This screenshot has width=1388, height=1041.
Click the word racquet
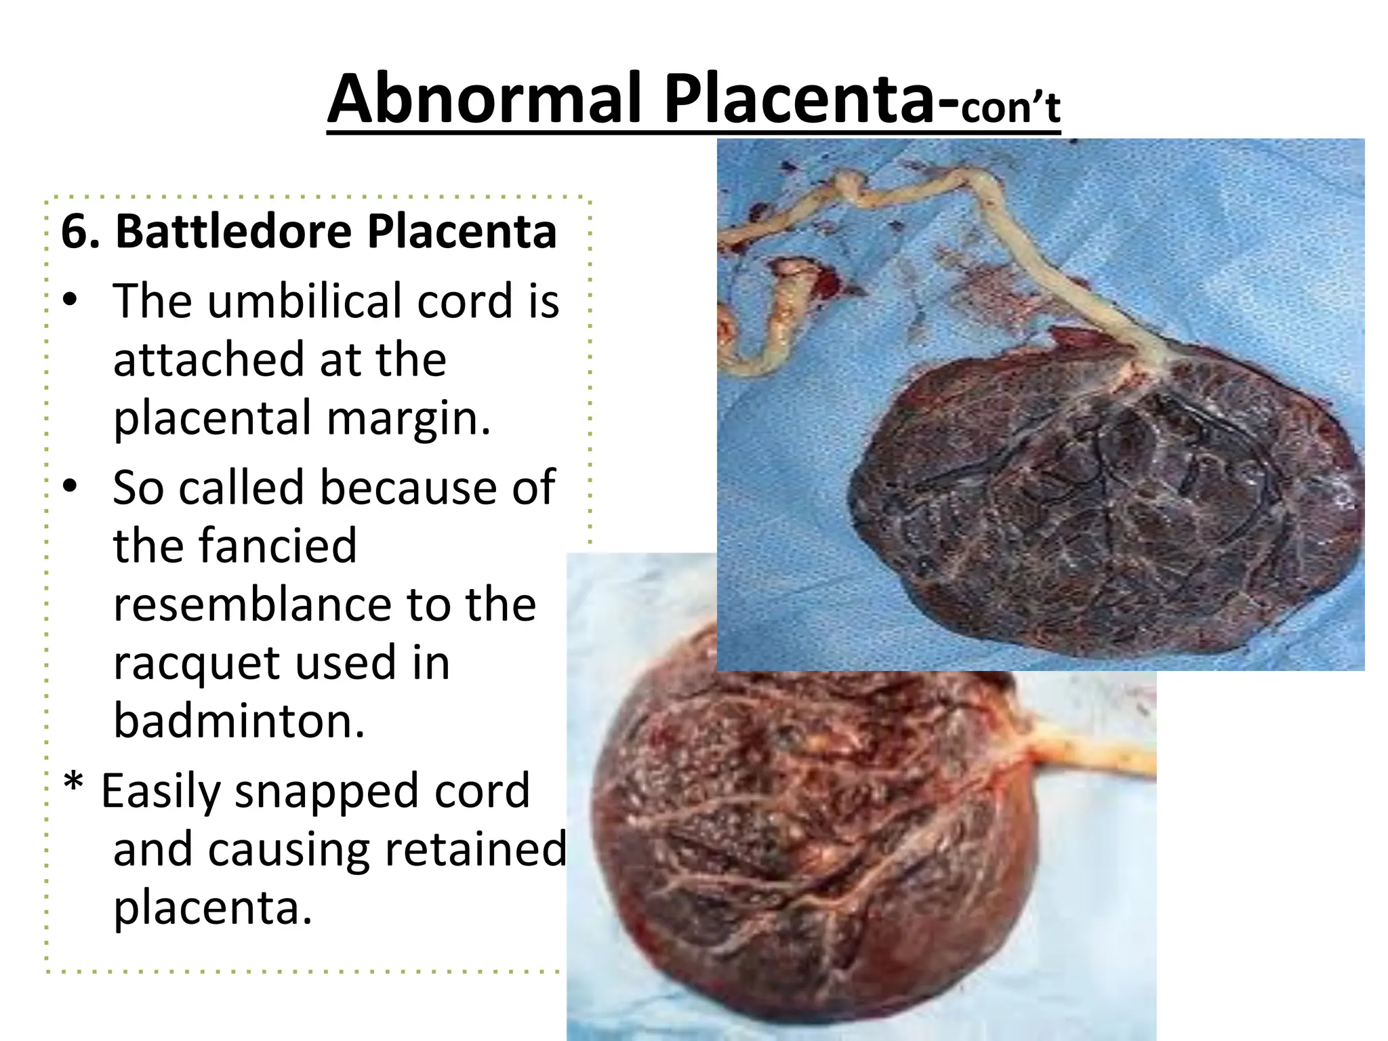[x=197, y=664]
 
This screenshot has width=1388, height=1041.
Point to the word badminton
[x=239, y=720]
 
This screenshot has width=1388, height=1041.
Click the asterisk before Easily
[x=73, y=785]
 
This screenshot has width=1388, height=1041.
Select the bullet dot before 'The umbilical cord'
[x=70, y=300]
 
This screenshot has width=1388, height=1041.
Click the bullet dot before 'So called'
[x=70, y=487]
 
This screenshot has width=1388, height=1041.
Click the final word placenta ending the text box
[x=211, y=908]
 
